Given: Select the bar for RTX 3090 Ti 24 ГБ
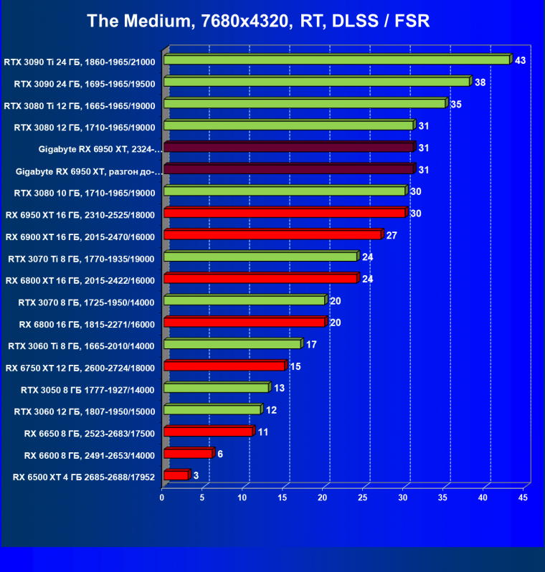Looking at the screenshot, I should tap(336, 59).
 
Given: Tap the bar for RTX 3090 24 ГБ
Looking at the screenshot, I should tap(316, 82).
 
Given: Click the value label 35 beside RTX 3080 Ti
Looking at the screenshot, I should tap(456, 104).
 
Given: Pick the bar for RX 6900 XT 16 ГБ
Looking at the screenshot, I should tap(272, 234).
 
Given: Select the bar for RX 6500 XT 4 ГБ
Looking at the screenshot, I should tap(176, 475).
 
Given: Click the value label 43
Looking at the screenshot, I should tap(520, 60).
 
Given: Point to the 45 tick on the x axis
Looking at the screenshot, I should tap(523, 497).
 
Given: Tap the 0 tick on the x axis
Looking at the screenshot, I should tap(162, 497).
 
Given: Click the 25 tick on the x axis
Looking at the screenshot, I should tap(363, 497).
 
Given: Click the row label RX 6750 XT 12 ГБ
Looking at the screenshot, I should tap(80, 368).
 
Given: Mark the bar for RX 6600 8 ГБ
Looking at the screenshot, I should tap(188, 453).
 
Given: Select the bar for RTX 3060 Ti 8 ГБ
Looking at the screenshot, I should tap(232, 344).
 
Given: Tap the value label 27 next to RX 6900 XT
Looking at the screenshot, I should tap(392, 235).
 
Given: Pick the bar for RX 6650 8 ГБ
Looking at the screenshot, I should tap(208, 432).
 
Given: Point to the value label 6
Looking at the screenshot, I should tap(219, 454).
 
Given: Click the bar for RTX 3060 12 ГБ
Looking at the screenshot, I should tap(212, 409).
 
